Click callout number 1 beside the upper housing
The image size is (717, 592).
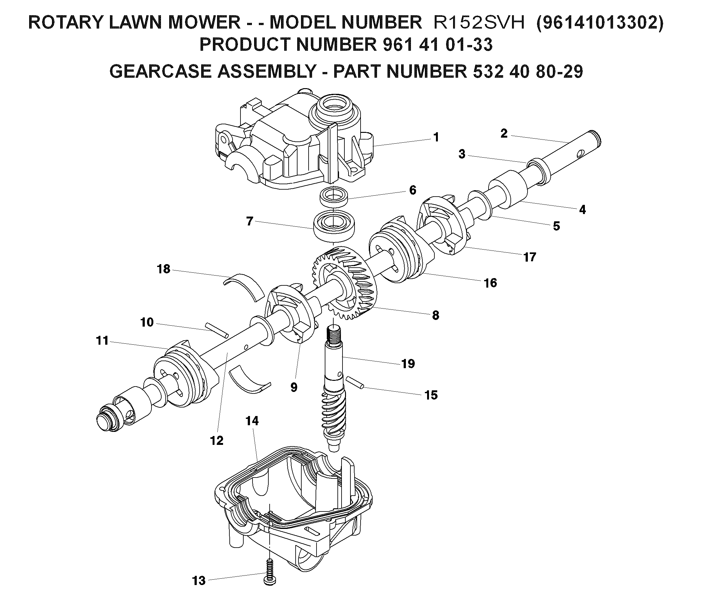click(x=436, y=137)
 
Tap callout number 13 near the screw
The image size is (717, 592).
click(x=199, y=580)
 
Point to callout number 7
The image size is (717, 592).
click(x=249, y=221)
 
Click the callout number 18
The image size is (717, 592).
click(x=163, y=269)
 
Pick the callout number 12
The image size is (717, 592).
click(x=217, y=440)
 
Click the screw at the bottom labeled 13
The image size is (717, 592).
click(x=270, y=573)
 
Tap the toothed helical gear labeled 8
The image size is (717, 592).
click(x=344, y=283)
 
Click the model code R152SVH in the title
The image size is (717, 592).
click(x=479, y=23)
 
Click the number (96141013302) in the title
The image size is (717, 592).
click(x=600, y=23)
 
